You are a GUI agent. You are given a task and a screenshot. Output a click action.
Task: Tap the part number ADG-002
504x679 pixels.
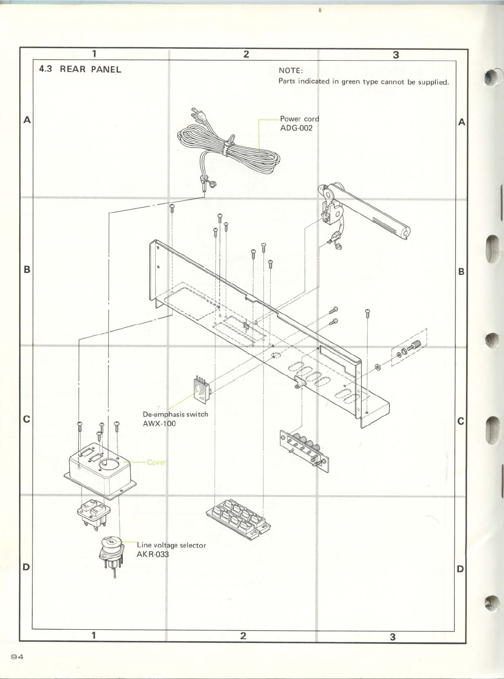point(296,128)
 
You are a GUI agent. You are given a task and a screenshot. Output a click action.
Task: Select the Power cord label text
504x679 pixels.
point(299,119)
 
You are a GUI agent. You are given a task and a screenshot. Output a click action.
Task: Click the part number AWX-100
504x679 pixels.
point(159,424)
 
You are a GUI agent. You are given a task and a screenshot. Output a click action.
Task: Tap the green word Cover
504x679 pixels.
point(156,462)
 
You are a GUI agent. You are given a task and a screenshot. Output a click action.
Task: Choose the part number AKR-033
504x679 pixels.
point(152,554)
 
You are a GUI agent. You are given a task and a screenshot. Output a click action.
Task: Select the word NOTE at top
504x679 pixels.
point(290,70)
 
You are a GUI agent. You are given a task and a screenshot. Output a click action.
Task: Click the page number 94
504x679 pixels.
point(17,657)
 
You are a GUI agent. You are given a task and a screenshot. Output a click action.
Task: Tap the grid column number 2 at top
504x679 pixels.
point(246,54)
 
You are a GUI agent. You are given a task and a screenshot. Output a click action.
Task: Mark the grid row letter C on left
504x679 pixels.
point(27,419)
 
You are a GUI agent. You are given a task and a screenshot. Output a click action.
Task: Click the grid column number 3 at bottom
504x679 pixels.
point(393,637)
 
